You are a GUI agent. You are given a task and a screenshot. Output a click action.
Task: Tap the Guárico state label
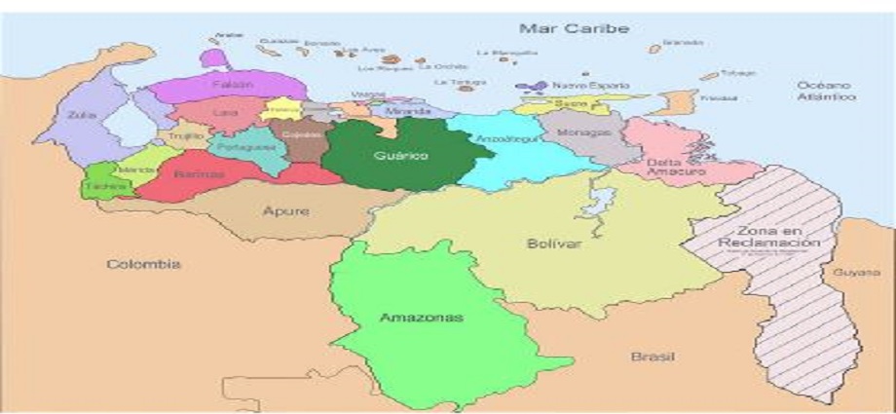400,155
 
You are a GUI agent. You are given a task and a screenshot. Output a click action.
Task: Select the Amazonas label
407,318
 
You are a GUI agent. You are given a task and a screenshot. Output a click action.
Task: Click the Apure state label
286,210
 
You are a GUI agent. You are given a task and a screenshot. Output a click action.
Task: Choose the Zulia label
80,115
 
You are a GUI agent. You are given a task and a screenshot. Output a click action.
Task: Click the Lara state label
225,113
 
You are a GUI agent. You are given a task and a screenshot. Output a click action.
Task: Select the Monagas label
577,132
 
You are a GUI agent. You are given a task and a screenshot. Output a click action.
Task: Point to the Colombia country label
144,264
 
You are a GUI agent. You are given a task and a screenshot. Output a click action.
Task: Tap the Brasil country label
652,357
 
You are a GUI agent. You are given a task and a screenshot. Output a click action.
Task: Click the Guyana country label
856,273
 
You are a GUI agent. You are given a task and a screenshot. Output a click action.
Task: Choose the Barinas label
199,174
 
